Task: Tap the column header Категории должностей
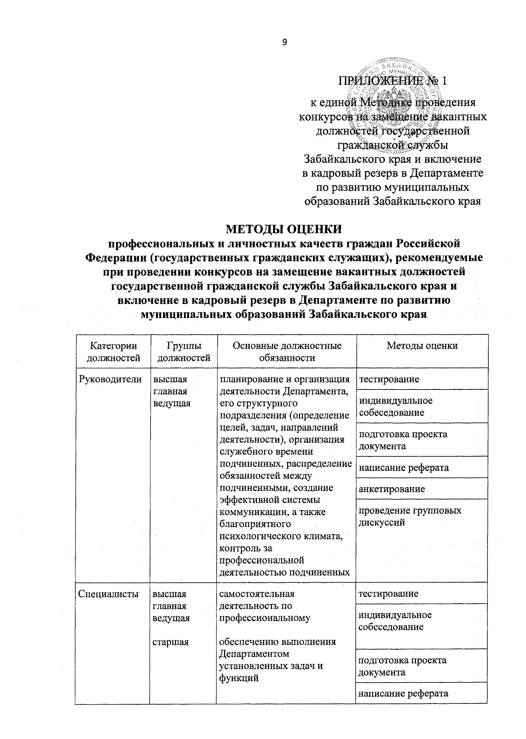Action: coord(114,352)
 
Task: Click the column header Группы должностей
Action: coord(183,352)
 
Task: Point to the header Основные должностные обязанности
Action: coord(287,352)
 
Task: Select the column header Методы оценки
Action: coord(422,346)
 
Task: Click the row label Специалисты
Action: coord(108,594)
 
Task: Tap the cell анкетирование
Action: coord(391,489)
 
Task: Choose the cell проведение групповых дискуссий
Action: coord(410,516)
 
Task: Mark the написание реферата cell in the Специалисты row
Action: coord(403,693)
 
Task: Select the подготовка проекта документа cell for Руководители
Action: coord(403,440)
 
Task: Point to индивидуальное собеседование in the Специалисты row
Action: coord(395,621)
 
